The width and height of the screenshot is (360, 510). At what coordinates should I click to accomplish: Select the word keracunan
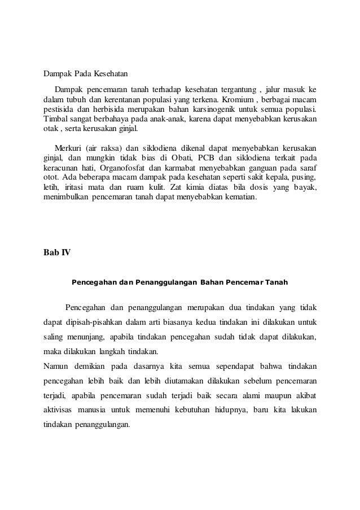click(x=63, y=162)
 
